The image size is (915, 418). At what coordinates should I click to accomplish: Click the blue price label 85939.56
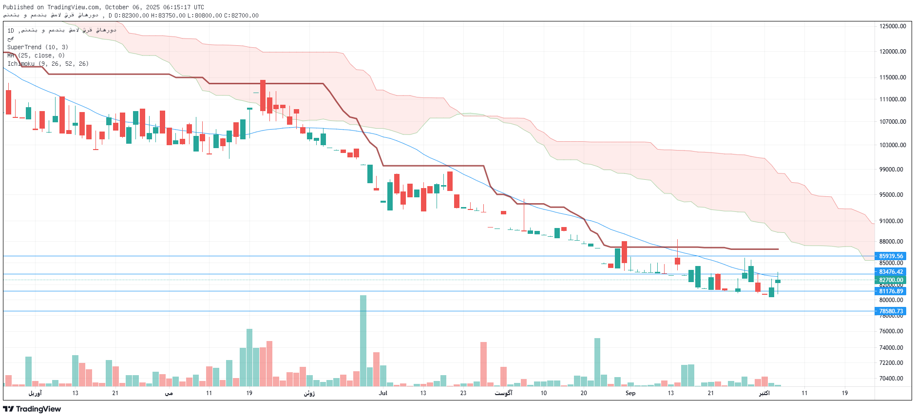coord(891,256)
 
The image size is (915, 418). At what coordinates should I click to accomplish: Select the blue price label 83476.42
coord(891,272)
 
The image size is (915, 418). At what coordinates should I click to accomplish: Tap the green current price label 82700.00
coord(891,280)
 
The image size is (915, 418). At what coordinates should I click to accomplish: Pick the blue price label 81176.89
coord(891,291)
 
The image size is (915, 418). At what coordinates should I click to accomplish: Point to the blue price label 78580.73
coord(891,311)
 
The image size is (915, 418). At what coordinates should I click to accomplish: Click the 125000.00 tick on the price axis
coord(893,26)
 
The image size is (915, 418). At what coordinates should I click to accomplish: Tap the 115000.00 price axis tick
coord(893,77)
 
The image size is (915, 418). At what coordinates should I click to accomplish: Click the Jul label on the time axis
coord(383,393)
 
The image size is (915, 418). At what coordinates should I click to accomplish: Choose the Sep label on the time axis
coord(630,393)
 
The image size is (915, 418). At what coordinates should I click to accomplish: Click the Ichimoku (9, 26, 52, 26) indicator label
coord(48,64)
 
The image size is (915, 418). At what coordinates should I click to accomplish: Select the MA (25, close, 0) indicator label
coord(36,56)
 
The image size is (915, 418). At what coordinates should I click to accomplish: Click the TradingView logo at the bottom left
coord(32,409)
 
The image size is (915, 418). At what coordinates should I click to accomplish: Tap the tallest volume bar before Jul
coord(363,341)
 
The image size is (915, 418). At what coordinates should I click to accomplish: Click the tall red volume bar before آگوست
coord(483,364)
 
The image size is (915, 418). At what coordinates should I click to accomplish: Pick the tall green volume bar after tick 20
coord(597,362)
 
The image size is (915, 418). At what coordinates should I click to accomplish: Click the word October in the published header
coord(117,7)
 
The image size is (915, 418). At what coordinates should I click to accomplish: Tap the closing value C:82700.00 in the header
coord(241,16)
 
